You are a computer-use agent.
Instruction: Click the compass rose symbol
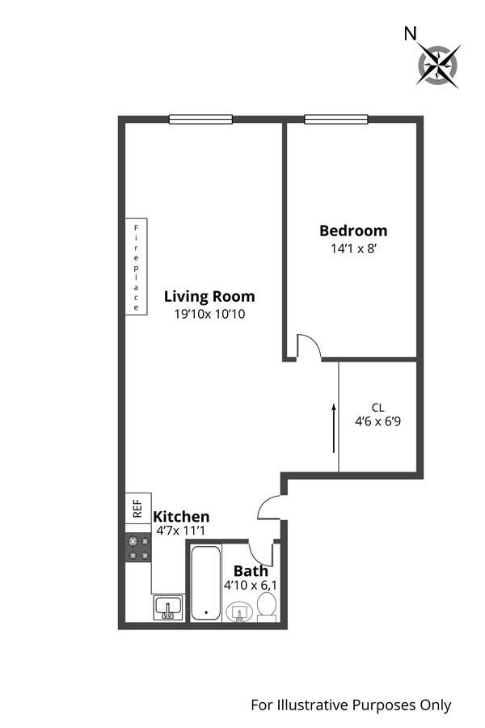pos(438,65)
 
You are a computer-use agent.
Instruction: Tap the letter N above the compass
pos(410,33)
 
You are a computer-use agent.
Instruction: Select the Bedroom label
pos(353,231)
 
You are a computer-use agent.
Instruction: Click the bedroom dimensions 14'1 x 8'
pos(353,248)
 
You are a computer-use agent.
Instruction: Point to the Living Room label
pos(209,296)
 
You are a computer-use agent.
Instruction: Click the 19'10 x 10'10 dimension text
pos(209,314)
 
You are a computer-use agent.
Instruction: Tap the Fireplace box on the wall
pos(137,266)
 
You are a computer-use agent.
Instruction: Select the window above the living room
pos(200,120)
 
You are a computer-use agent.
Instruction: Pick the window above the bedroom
pos(336,120)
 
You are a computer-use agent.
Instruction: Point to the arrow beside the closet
pos(333,428)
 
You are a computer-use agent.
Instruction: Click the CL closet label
pos(377,408)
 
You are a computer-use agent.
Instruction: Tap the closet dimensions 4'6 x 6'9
pos(377,421)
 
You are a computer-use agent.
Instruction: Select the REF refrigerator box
pos(138,508)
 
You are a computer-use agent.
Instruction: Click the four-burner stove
pos(138,548)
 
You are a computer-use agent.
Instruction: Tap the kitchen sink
pos(168,608)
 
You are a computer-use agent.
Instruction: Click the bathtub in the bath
pos(205,582)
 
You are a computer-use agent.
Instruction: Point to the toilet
pos(267,607)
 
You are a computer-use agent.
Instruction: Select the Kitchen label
pos(181,516)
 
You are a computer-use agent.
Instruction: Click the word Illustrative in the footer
pos(314,705)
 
